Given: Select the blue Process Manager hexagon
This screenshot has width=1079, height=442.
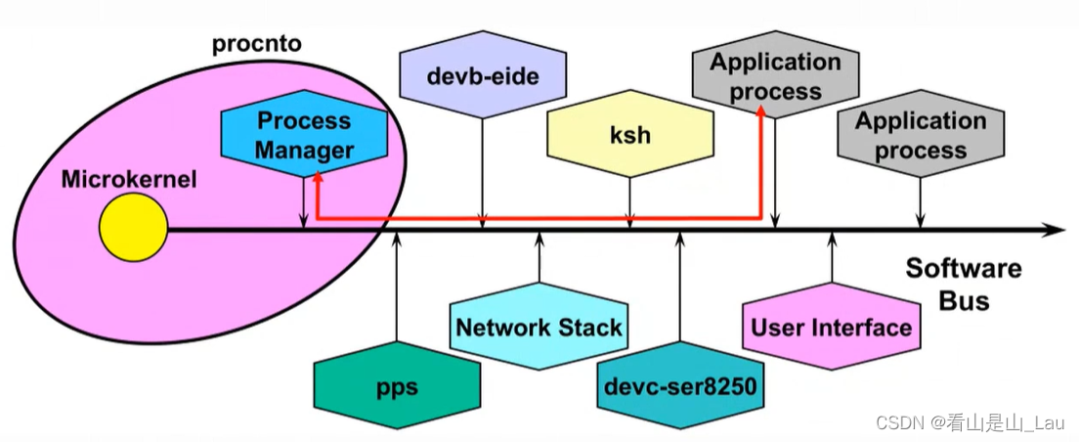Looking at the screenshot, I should [x=304, y=136].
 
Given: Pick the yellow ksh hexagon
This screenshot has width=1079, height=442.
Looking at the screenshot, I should [x=629, y=134].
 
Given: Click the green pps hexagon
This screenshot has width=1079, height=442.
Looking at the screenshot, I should [x=397, y=387].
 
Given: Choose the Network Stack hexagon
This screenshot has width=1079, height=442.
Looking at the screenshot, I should [x=539, y=328].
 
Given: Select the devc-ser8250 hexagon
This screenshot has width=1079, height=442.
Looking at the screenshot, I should [x=679, y=387].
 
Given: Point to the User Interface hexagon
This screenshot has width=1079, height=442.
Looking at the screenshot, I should [x=831, y=328].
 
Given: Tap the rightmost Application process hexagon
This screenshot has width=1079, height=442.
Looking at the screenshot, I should [x=920, y=136].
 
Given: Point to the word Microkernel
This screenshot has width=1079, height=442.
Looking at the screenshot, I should [x=128, y=180].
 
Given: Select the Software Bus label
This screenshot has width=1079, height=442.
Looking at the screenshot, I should [x=963, y=284].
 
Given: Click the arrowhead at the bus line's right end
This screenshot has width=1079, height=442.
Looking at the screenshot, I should [x=1056, y=230].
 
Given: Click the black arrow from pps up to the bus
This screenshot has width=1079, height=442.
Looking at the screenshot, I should [x=397, y=293].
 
